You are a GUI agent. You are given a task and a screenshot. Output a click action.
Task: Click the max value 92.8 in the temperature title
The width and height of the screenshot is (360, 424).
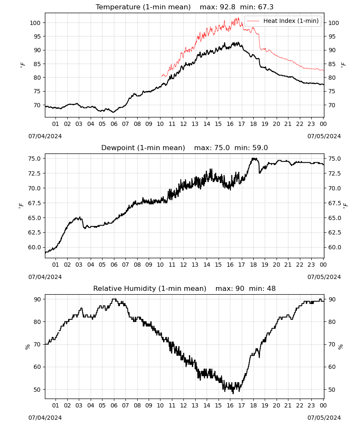227,7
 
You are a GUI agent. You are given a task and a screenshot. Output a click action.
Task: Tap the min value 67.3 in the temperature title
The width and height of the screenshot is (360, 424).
266,7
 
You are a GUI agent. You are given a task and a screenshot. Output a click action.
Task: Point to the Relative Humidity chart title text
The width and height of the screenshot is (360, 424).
150,288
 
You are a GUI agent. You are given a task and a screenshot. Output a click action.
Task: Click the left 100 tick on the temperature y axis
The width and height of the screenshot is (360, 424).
35,23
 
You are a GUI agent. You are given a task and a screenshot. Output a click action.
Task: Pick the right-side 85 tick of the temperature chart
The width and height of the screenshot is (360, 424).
332,64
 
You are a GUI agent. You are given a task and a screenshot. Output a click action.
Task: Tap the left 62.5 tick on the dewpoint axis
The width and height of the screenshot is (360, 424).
34,232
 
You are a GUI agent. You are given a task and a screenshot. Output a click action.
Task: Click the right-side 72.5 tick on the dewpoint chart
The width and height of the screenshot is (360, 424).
335,173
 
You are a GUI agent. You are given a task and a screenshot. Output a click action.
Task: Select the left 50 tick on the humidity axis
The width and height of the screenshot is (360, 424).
37,390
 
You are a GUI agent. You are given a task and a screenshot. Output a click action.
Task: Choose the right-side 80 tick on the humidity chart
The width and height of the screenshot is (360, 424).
332,322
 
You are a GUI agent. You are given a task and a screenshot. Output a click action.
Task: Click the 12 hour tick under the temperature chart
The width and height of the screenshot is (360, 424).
183,124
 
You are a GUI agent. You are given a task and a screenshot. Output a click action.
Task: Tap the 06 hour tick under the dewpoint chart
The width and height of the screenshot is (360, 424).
114,265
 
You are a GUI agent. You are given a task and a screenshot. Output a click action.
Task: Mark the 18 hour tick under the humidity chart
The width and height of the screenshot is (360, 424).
253,405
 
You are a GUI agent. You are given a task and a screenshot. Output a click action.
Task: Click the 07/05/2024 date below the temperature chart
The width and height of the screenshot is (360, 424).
324,136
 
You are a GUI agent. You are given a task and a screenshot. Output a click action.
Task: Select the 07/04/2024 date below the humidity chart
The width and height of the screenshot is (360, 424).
45,418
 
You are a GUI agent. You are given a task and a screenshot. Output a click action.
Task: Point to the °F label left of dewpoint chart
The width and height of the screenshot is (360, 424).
21,206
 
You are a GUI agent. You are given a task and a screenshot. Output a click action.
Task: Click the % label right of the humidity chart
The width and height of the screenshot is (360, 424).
341,347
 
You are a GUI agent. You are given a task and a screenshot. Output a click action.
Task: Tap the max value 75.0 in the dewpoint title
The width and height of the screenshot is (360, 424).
222,148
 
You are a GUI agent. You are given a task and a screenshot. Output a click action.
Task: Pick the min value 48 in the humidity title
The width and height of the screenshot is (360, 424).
271,288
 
